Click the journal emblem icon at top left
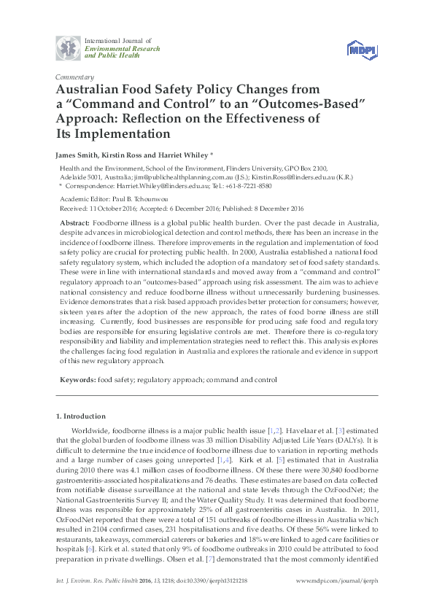coord(68,46)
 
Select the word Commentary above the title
coord(74,77)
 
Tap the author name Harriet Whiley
coord(185,155)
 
